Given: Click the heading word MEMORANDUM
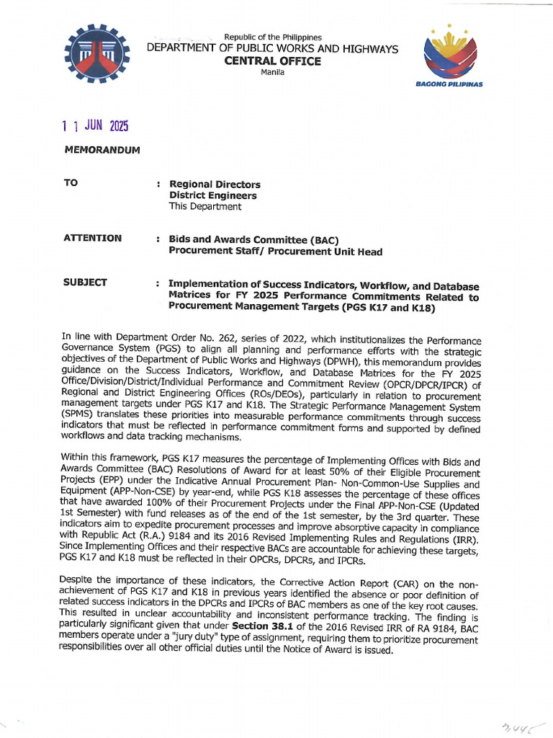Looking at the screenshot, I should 102,150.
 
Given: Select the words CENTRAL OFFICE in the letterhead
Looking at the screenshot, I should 272,61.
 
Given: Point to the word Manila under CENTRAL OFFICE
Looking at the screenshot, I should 272,73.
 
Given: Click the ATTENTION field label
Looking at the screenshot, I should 92,238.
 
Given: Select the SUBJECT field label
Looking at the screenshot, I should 86,282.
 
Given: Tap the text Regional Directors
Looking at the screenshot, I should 215,184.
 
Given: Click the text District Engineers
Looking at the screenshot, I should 212,195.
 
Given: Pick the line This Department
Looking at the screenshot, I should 205,206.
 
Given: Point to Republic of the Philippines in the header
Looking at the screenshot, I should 273,37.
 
